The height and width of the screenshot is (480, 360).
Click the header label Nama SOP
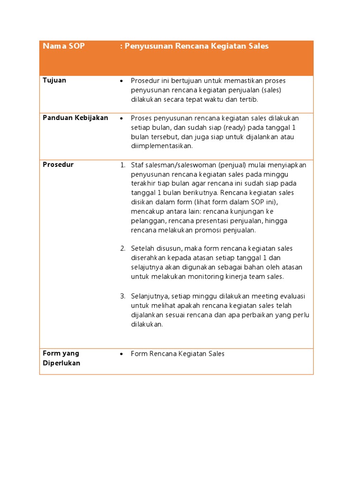pyautogui.click(x=64, y=46)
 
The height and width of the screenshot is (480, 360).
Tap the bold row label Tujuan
pyautogui.click(x=54, y=80)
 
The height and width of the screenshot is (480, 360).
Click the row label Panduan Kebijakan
pyautogui.click(x=75, y=118)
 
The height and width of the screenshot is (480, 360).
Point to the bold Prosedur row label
pyautogui.click(x=58, y=165)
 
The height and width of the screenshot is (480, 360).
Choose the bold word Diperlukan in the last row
pyautogui.click(x=61, y=363)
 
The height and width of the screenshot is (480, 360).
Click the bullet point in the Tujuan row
pyautogui.click(x=122, y=81)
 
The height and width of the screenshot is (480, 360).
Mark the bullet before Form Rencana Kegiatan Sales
pyautogui.click(x=122, y=354)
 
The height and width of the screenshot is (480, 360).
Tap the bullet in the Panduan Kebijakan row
pyautogui.click(x=122, y=118)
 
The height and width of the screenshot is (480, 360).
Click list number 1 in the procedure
pyautogui.click(x=122, y=165)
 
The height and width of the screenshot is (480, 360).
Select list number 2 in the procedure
pyautogui.click(x=122, y=248)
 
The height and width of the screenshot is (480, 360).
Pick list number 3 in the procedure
pyautogui.click(x=122, y=296)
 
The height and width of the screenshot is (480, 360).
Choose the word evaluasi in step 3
pyautogui.click(x=292, y=296)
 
